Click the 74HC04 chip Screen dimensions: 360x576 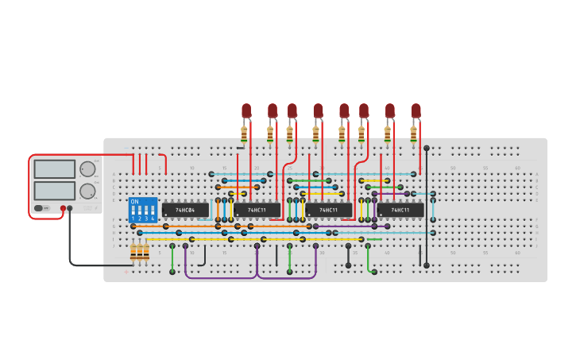pos(185,210)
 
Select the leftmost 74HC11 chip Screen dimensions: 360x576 pos(257,210)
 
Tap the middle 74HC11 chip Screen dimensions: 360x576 pos(328,210)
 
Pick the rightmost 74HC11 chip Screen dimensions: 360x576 pos(400,210)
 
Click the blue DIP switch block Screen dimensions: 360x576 pos(142,210)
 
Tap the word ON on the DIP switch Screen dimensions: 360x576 pos(134,202)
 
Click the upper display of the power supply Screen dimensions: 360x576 pos(54,168)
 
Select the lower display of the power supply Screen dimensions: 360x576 pos(54,191)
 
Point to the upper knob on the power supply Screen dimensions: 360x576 pos(87,168)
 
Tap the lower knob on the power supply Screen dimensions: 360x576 pos(87,191)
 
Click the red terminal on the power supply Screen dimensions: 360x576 pos(64,208)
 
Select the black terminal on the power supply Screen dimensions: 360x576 pos(70,208)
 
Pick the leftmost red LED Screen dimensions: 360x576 pos(246,110)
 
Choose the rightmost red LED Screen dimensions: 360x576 pos(416,110)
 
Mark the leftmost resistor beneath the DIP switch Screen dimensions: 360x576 pos(133,253)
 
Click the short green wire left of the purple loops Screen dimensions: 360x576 pos(172,258)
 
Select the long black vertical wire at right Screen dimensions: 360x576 pos(427,207)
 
